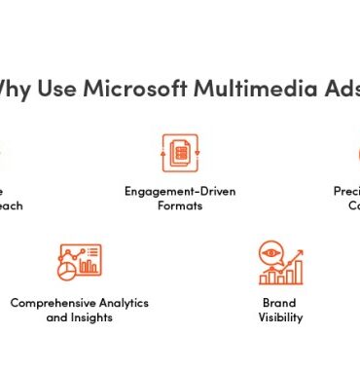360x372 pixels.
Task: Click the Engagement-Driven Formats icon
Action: [179, 153]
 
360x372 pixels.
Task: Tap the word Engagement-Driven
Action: [179, 191]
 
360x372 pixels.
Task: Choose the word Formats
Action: [179, 205]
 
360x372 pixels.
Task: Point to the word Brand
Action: [280, 303]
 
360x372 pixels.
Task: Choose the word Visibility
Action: [280, 317]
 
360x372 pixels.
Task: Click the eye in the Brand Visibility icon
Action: [270, 253]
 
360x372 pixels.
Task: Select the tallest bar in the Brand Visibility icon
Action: [298, 267]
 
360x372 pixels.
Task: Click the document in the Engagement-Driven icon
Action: [179, 154]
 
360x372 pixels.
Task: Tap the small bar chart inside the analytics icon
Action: [90, 263]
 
